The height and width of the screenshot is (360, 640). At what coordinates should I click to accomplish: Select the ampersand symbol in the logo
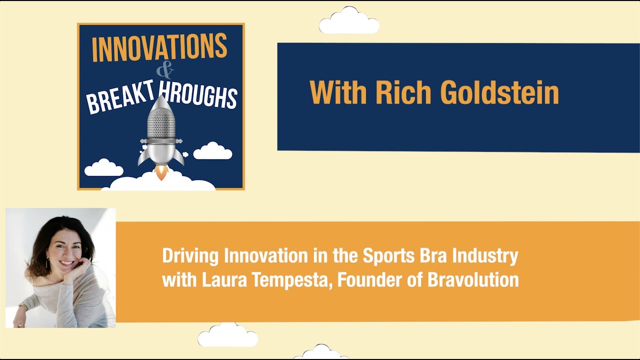pyautogui.click(x=164, y=71)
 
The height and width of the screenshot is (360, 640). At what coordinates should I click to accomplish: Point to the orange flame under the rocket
pyautogui.click(x=161, y=172)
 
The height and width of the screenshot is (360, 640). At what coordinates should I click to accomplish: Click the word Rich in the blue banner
pyautogui.click(x=404, y=92)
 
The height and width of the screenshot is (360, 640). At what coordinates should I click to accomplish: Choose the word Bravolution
pyautogui.click(x=472, y=280)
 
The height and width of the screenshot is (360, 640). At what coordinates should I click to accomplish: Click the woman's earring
pyautogui.click(x=47, y=263)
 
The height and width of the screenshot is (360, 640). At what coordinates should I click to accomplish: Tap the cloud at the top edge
pyautogui.click(x=349, y=21)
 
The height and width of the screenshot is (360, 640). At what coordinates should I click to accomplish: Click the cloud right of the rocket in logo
pyautogui.click(x=212, y=151)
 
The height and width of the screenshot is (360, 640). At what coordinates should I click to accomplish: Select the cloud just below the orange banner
pyautogui.click(x=227, y=335)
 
